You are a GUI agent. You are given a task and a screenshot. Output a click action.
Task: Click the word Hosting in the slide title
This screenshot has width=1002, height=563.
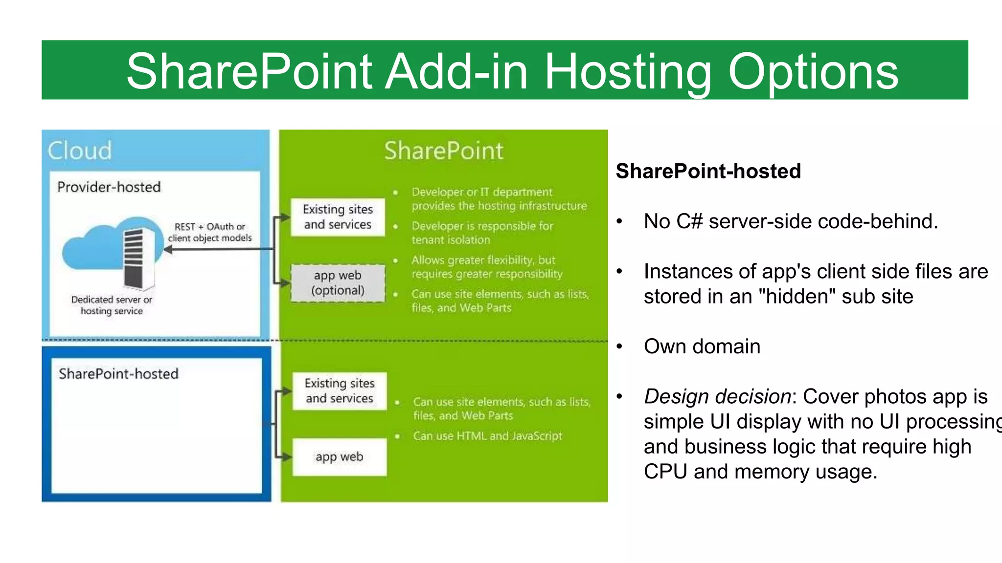(628, 72)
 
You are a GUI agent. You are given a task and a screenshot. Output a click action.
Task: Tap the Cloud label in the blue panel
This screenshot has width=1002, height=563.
(80, 150)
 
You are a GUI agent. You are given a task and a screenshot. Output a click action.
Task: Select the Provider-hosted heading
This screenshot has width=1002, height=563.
(109, 187)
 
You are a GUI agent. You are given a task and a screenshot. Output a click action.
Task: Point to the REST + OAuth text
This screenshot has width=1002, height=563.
(209, 227)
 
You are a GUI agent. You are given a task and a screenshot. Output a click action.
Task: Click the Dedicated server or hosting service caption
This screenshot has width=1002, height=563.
(112, 305)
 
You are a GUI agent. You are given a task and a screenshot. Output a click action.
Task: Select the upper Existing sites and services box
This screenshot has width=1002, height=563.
(338, 217)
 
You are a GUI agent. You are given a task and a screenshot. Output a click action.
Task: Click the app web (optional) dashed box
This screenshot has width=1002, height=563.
(338, 283)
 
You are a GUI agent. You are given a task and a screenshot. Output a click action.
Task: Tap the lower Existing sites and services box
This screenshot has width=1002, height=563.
(340, 391)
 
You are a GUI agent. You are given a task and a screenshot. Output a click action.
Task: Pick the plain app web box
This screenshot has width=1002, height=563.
(340, 457)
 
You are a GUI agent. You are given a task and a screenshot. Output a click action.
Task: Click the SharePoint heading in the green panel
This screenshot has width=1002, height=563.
(443, 151)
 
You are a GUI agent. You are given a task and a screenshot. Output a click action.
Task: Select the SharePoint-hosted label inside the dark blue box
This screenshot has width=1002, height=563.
(118, 374)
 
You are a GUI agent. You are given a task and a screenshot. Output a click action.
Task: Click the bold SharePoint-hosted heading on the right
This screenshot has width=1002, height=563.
(708, 172)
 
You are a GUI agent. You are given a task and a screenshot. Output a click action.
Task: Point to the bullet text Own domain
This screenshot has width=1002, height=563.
(702, 346)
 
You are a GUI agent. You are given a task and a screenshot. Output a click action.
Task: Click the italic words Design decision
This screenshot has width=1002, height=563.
(717, 396)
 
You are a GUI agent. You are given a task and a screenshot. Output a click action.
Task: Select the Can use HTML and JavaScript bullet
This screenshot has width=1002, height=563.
(487, 436)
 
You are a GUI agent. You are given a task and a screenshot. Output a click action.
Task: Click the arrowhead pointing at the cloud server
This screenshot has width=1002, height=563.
(168, 250)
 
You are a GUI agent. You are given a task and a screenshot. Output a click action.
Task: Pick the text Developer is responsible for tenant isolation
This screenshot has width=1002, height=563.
(482, 233)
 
